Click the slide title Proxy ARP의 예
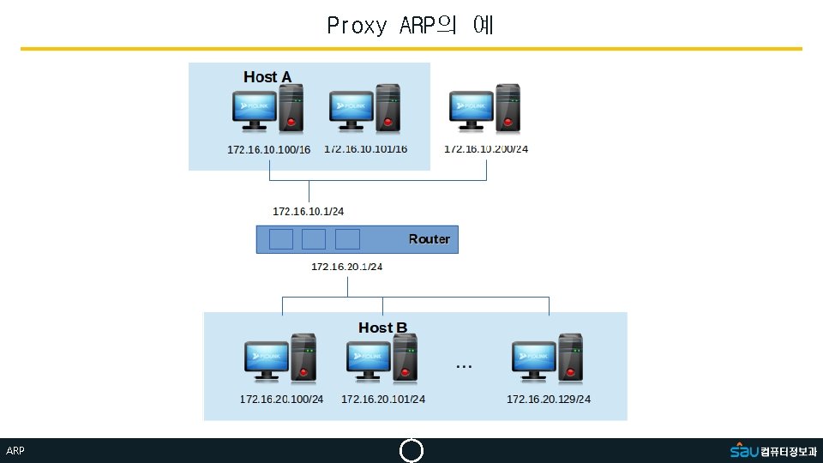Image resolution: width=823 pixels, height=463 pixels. [410, 26]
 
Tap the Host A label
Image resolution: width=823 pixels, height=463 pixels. [267, 77]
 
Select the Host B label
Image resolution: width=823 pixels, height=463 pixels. [382, 328]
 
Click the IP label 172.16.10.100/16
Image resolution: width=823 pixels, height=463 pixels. [268, 150]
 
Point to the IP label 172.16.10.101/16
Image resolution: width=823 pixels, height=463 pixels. [366, 149]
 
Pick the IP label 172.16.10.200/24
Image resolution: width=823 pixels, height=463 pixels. [486, 149]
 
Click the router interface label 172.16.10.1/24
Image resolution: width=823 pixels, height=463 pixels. [308, 211]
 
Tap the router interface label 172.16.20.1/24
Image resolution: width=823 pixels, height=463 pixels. [346, 267]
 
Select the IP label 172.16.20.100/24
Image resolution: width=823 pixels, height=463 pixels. [281, 400]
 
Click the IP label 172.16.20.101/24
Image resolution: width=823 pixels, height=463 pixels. [383, 400]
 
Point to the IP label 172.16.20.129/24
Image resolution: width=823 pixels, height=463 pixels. [549, 400]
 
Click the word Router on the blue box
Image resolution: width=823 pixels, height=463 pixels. [429, 239]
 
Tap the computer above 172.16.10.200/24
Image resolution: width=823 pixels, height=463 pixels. [485, 109]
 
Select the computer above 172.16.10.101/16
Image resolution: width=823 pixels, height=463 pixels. [365, 109]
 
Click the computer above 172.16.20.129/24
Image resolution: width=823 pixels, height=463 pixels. [548, 359]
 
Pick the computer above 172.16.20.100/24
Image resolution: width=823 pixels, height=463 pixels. [280, 359]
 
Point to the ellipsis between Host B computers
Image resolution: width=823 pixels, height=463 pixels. [464, 366]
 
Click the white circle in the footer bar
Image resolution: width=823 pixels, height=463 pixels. [411, 451]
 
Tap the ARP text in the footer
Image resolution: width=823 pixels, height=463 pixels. [15, 451]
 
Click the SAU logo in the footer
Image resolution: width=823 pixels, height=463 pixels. [744, 450]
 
